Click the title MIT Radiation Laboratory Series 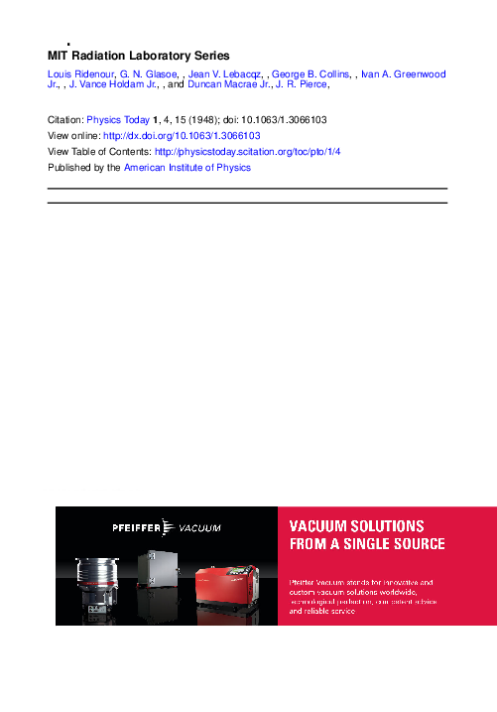(139, 56)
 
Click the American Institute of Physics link (187, 168)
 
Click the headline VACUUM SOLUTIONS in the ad (356, 525)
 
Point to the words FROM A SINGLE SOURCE (367, 544)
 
